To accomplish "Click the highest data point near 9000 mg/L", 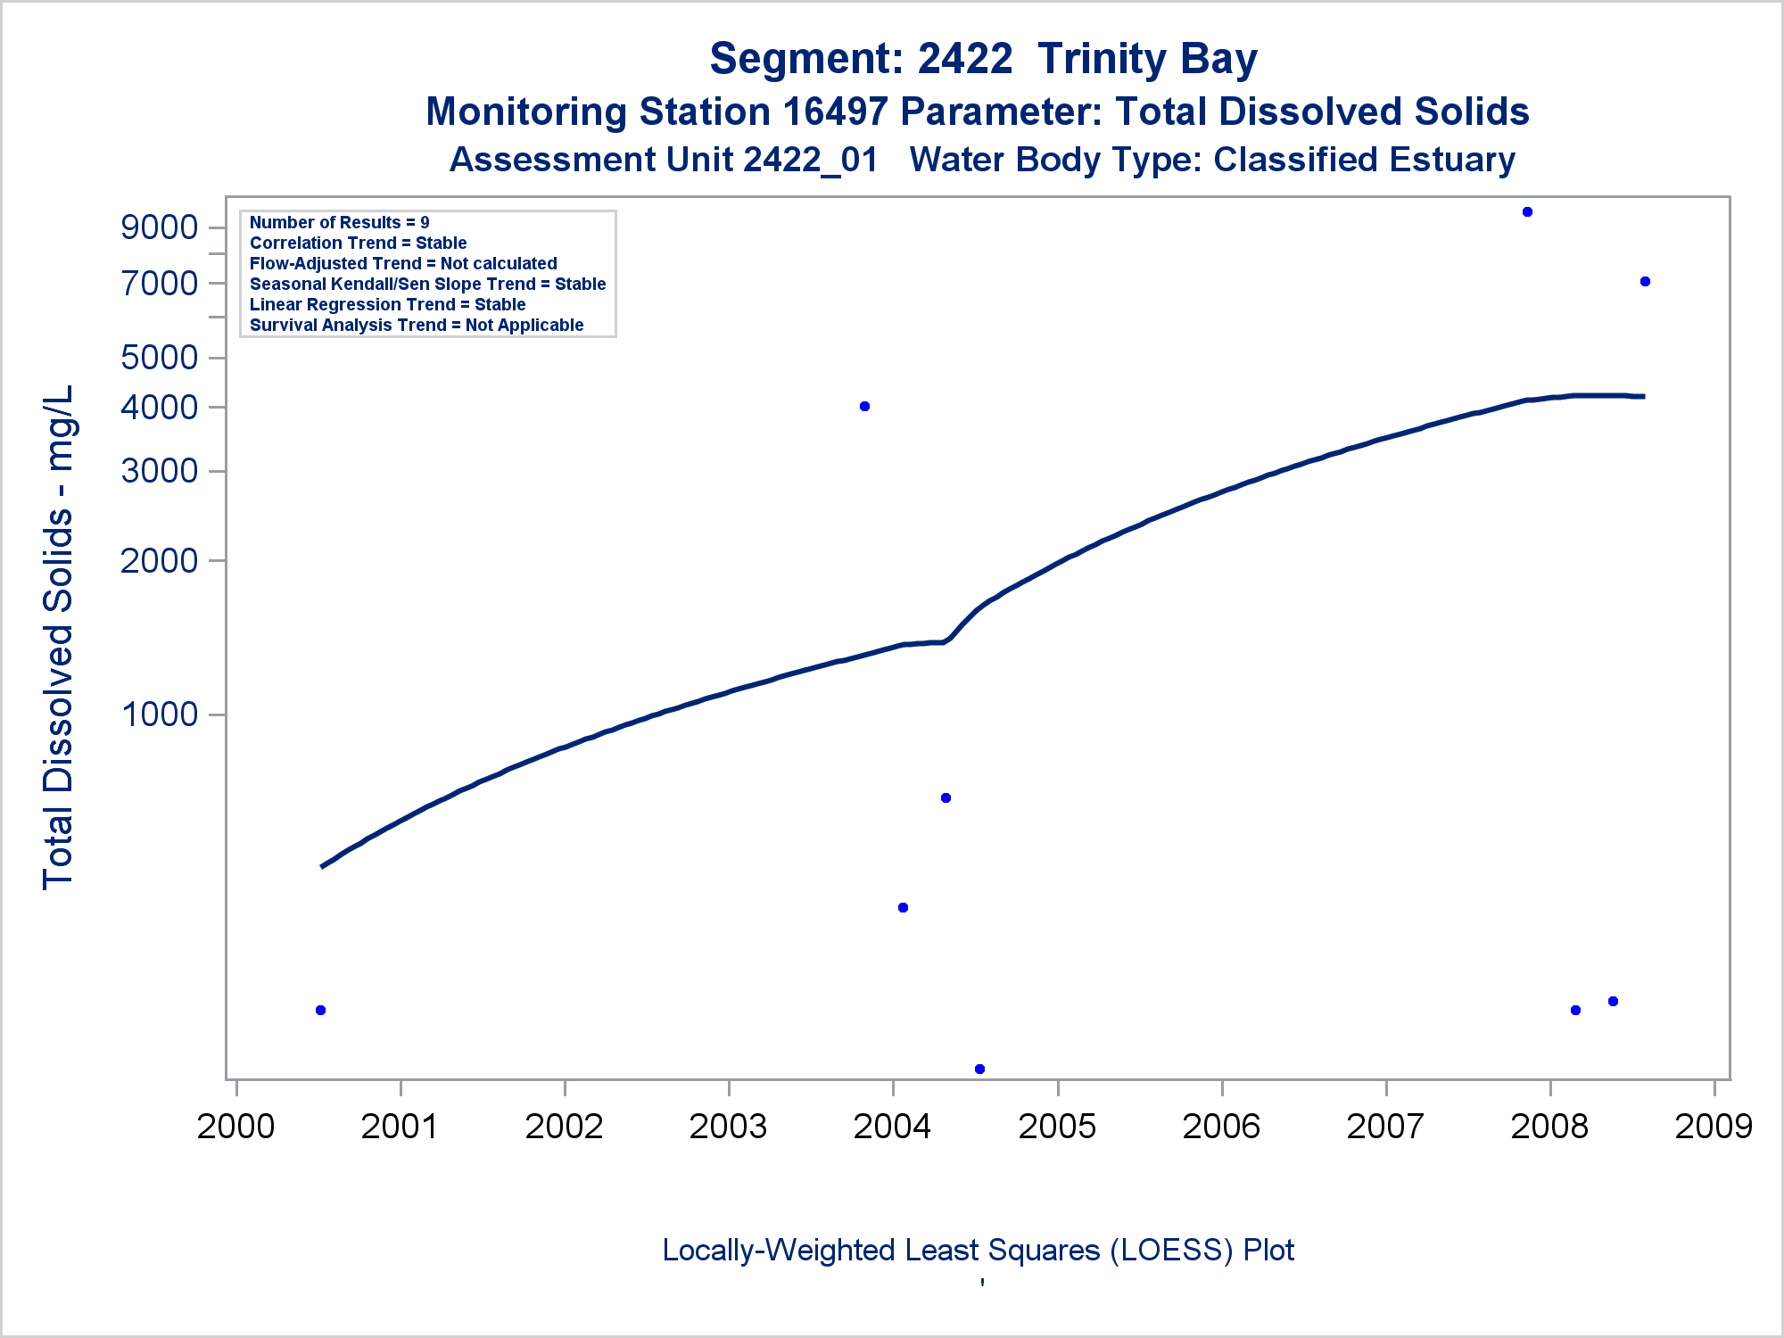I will pyautogui.click(x=1527, y=212).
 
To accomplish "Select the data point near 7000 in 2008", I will pyautogui.click(x=1645, y=282).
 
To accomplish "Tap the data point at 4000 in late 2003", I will pyautogui.click(x=864, y=407).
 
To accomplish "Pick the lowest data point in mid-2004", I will pyautogui.click(x=979, y=1069).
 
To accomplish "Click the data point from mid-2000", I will pyautogui.click(x=320, y=1010).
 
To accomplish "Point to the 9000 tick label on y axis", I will pyautogui.click(x=160, y=227).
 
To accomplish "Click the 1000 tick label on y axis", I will pyautogui.click(x=160, y=714).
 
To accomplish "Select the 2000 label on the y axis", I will pyautogui.click(x=160, y=561).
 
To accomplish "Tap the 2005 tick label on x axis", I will pyautogui.click(x=1057, y=1127).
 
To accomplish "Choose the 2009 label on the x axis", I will pyautogui.click(x=1714, y=1127).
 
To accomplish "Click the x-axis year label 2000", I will pyautogui.click(x=235, y=1127).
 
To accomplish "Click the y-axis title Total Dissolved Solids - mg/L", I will pyautogui.click(x=59, y=637).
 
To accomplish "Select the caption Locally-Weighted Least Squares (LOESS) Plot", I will pyautogui.click(x=978, y=1251).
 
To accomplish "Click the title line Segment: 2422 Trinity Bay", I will pyautogui.click(x=983, y=59).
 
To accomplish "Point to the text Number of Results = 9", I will pyautogui.click(x=339, y=222).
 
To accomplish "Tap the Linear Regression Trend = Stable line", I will pyautogui.click(x=387, y=304).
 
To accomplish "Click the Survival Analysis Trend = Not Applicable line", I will pyautogui.click(x=417, y=325).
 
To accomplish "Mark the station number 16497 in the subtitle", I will pyautogui.click(x=835, y=112).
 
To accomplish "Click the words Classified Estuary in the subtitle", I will pyautogui.click(x=1364, y=160).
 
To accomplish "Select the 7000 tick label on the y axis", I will pyautogui.click(x=160, y=284).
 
